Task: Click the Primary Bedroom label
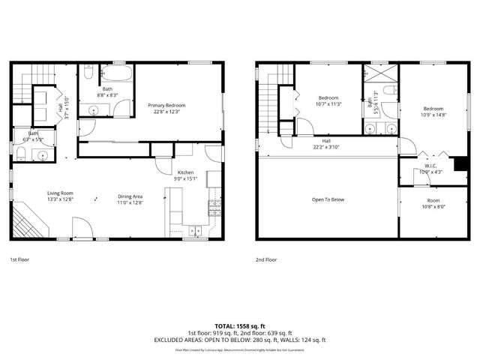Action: [x=166, y=106]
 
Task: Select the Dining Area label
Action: [x=130, y=197]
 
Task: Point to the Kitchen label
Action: [x=185, y=172]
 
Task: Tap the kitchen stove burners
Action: [x=214, y=203]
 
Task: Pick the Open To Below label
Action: [x=328, y=199]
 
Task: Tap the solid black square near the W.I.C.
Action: [x=461, y=164]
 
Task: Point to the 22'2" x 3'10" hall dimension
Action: [x=326, y=147]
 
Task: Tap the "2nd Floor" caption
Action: [x=266, y=259]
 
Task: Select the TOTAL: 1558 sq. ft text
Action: [x=240, y=326]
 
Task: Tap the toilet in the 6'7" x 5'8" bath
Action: [x=21, y=155]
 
